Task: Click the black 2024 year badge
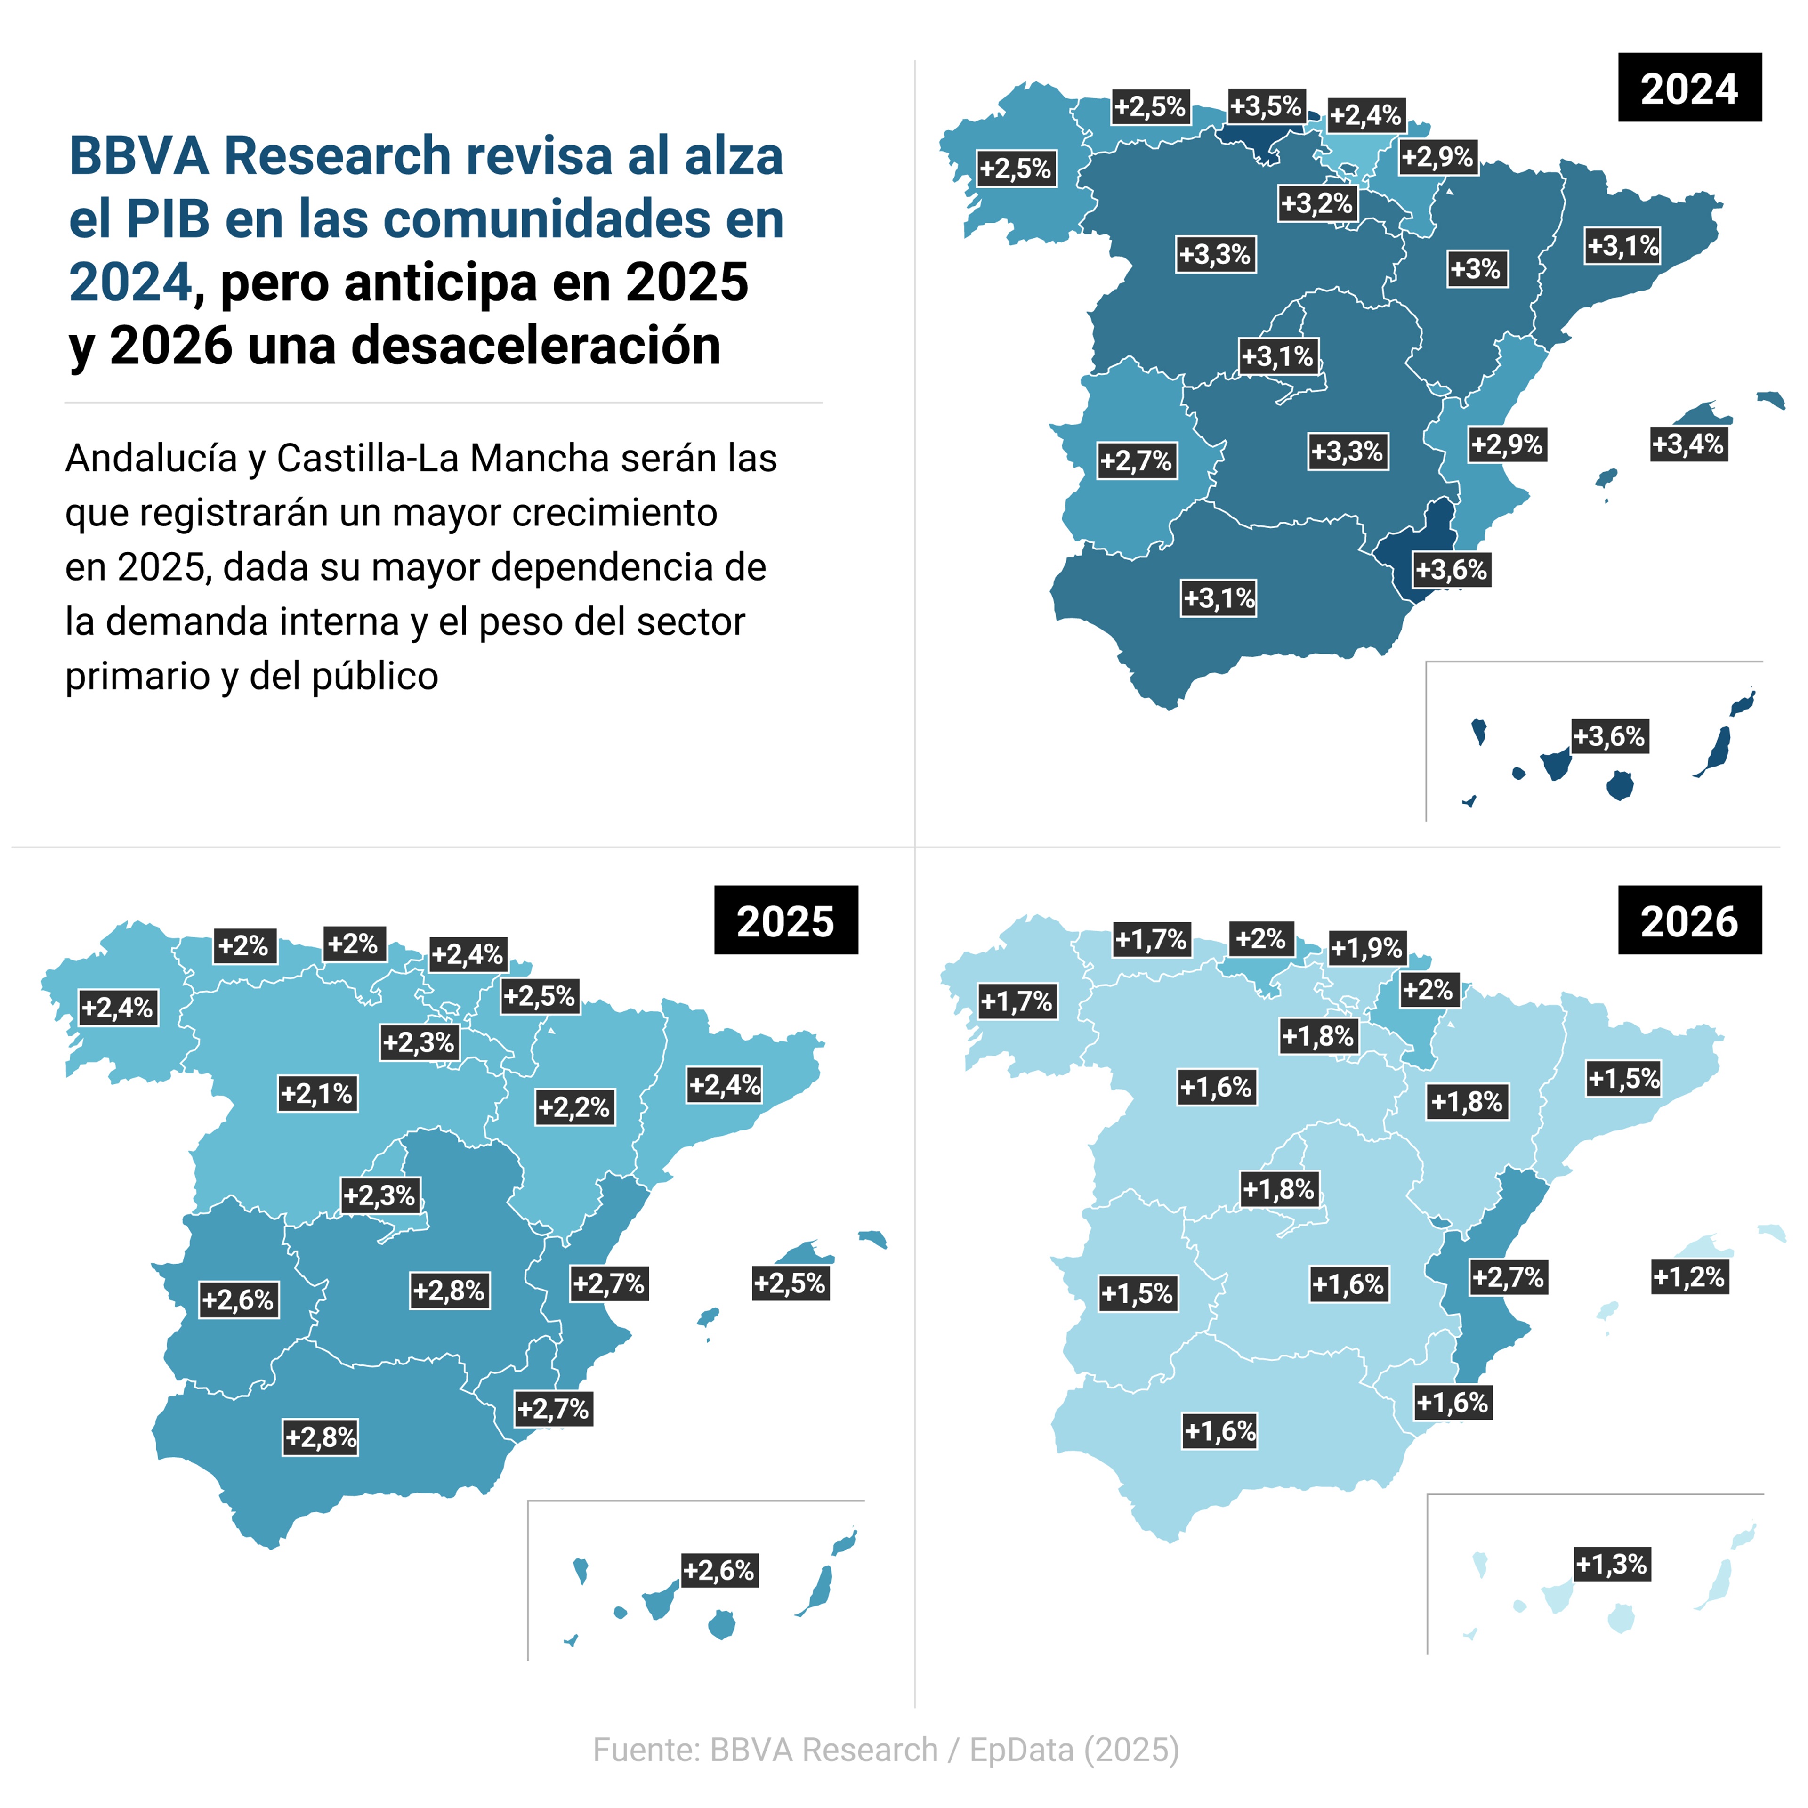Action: tap(1689, 88)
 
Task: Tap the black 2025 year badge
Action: tap(785, 921)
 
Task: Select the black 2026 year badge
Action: tap(1689, 921)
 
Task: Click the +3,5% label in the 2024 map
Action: tap(1265, 106)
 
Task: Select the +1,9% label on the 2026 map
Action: tap(1366, 948)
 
